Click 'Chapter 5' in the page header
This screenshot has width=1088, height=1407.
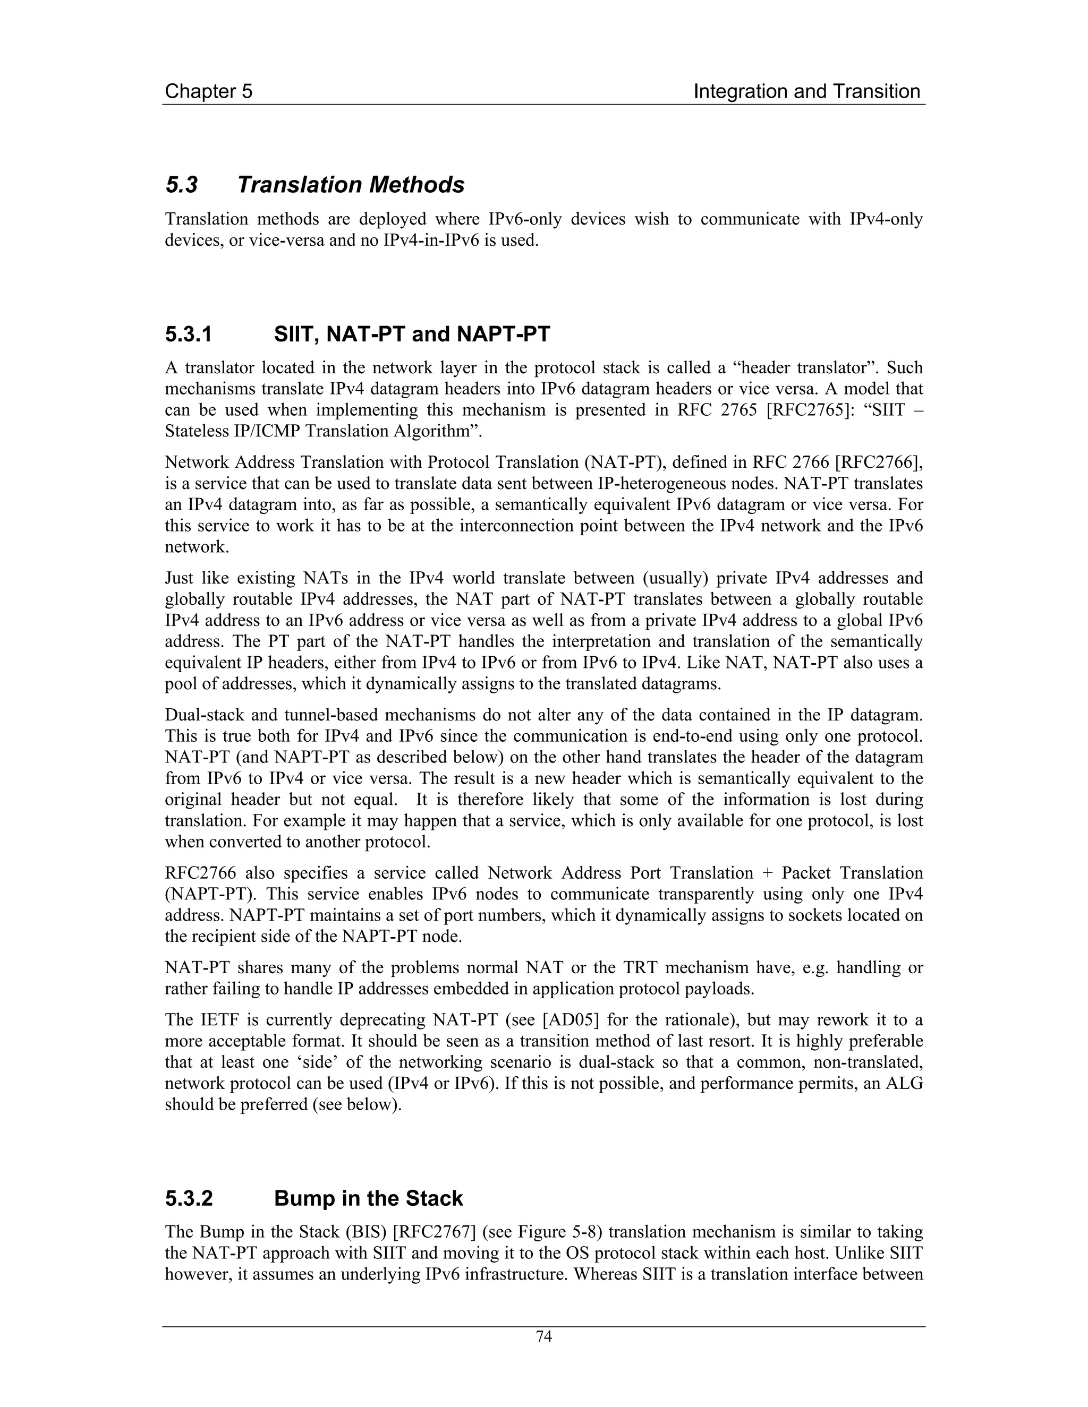[208, 91]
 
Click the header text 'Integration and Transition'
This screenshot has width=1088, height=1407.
[806, 91]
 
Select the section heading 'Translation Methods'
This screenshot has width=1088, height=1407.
[351, 185]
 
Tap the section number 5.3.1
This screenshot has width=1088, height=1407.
[188, 334]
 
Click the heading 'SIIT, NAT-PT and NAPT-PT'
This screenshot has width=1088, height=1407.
[412, 334]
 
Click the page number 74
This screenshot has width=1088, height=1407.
[544, 1337]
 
